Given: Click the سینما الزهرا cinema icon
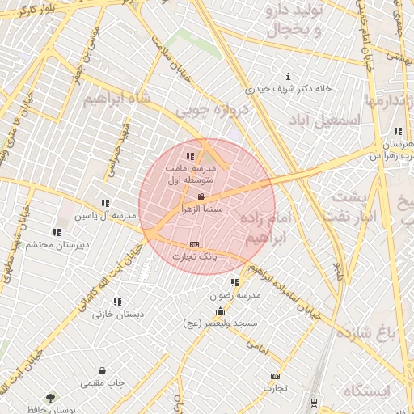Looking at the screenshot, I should click(x=201, y=196).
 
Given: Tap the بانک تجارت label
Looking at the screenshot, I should click(x=194, y=256).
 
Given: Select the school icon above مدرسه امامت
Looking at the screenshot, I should click(x=190, y=156).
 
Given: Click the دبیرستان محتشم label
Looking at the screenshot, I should click(x=50, y=244).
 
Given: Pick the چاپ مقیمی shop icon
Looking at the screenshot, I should click(x=102, y=370).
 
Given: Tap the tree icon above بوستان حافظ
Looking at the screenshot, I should click(x=51, y=398).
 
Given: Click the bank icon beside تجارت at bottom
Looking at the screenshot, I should click(x=276, y=376).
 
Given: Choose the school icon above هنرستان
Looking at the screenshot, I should click(x=397, y=131).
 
